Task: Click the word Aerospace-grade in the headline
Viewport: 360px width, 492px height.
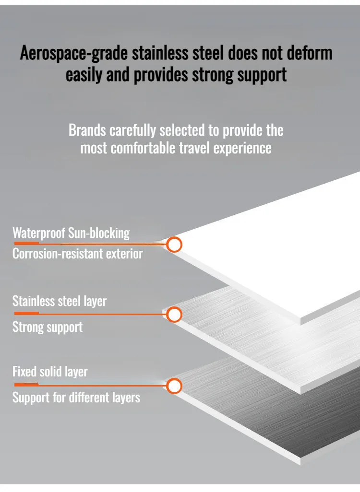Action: pos(74,53)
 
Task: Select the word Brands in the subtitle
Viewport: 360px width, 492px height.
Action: pos(87,130)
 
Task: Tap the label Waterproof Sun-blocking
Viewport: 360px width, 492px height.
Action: pos(71,234)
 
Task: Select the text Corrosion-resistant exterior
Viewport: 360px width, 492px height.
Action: pos(78,254)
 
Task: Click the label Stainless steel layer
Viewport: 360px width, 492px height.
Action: pos(60,301)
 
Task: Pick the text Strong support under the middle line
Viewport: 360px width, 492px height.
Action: pos(48,327)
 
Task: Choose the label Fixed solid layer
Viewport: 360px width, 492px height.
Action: pos(50,372)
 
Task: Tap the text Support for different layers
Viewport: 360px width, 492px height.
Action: pos(76,398)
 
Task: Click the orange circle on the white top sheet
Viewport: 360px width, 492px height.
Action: pos(174,245)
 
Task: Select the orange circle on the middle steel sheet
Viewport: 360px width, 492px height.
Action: pos(174,315)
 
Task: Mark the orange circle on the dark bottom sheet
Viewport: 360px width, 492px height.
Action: pos(174,386)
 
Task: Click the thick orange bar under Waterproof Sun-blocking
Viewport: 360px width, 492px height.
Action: pos(27,243)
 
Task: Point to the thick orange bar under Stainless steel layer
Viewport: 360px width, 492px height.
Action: pos(27,313)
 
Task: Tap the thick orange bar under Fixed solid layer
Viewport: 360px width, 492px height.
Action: pos(27,385)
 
